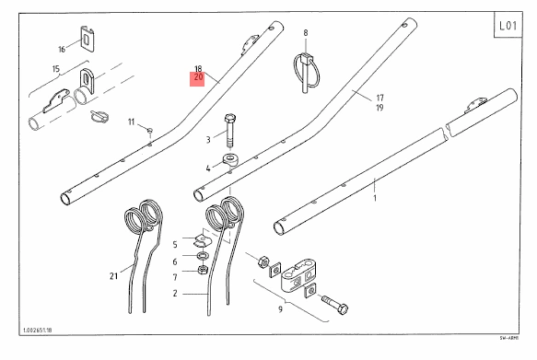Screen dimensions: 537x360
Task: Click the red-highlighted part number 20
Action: coord(198,77)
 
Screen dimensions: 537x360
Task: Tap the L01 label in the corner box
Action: coord(508,26)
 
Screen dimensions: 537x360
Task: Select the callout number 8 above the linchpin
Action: coord(306,33)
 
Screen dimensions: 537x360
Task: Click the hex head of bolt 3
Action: coord(229,119)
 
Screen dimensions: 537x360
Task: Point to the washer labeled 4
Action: coord(231,160)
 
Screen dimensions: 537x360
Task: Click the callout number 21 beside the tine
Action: coord(113,276)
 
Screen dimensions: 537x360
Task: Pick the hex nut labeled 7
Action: coord(203,271)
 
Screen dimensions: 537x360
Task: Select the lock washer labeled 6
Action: coord(203,255)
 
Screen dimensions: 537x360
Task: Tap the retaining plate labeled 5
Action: coord(203,239)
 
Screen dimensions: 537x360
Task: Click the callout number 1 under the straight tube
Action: coord(375,198)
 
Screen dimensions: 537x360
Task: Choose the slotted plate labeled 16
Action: coord(88,39)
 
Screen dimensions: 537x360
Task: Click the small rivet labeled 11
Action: coord(150,130)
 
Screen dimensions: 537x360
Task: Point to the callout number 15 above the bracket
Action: coord(56,69)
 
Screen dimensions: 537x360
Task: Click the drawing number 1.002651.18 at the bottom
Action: coord(38,331)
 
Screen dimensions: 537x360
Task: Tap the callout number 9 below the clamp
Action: coord(281,309)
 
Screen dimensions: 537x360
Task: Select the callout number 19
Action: coord(379,108)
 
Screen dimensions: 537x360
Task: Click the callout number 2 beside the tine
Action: coord(175,294)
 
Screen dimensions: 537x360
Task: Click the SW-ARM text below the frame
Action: coord(509,338)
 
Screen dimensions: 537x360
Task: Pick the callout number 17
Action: coord(379,98)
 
